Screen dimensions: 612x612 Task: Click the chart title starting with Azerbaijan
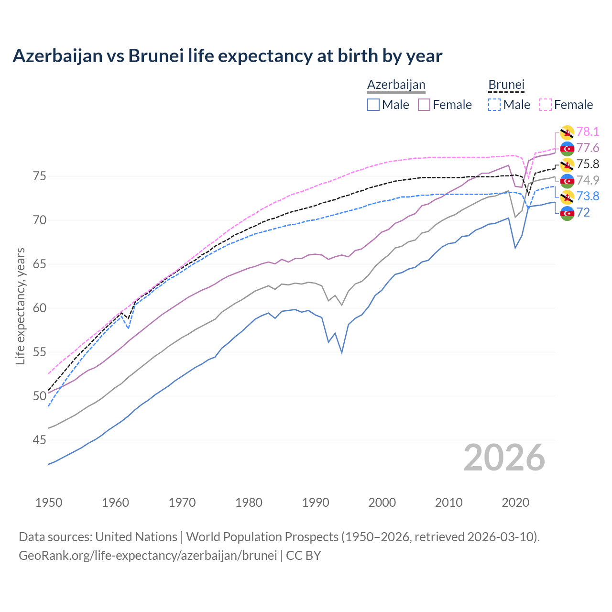[227, 56]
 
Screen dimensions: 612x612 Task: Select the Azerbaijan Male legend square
[373, 105]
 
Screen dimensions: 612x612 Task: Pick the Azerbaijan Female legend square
[424, 105]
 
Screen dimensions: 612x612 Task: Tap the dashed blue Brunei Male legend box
[494, 105]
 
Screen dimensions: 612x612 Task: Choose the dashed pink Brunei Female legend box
[546, 105]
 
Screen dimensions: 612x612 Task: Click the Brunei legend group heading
[506, 85]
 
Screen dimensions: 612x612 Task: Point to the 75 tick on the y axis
[40, 176]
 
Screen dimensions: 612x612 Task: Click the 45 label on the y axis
[40, 440]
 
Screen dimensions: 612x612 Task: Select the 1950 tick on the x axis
[49, 503]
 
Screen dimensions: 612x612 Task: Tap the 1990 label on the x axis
[316, 503]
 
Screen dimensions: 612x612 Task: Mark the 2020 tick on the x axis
[515, 503]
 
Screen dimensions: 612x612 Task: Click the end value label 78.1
[588, 131]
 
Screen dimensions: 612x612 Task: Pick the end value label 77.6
[588, 148]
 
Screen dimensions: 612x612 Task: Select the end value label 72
[583, 212]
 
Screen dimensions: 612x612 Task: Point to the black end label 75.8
[588, 164]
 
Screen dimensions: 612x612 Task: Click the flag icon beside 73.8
[567, 197]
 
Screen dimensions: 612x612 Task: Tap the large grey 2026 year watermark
[504, 458]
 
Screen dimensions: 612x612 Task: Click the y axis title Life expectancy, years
[20, 306]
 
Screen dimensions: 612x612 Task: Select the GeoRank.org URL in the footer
[148, 556]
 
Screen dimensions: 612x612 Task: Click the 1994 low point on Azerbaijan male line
[342, 353]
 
